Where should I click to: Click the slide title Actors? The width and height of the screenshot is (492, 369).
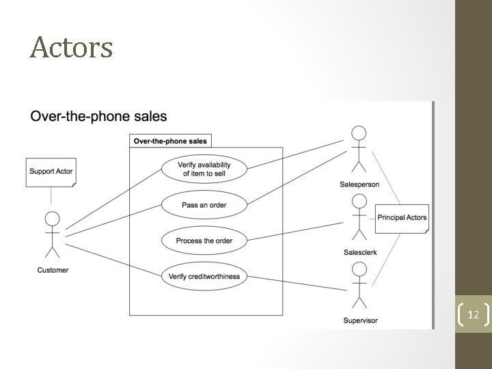pos(71,48)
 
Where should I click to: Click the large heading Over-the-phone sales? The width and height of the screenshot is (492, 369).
pos(98,116)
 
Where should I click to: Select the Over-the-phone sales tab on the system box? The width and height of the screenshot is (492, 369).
pos(170,141)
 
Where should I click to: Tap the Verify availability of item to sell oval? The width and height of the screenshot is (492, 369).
pos(204,169)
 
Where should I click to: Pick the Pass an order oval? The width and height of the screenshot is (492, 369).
pos(204,205)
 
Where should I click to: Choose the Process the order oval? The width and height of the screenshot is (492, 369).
pos(204,241)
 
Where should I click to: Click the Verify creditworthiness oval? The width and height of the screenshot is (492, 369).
pos(204,276)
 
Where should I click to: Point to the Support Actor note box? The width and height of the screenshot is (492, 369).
pos(51,172)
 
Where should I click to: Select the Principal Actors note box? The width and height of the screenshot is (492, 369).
pos(402,218)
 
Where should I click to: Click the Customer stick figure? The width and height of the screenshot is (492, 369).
pos(52,236)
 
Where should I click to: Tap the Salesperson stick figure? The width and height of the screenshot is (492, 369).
pos(359,150)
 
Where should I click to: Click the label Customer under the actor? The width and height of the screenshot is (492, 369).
pos(53,270)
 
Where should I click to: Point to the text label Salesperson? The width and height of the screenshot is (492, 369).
pos(359,184)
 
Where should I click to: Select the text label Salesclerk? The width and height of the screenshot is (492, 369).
pos(360,253)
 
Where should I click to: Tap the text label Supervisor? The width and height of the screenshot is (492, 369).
pos(359,320)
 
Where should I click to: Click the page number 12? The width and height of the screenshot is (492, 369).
pos(472,316)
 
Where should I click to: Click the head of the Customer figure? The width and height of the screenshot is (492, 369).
pos(52,219)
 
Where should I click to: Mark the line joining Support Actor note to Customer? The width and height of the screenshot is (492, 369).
pos(51,196)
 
